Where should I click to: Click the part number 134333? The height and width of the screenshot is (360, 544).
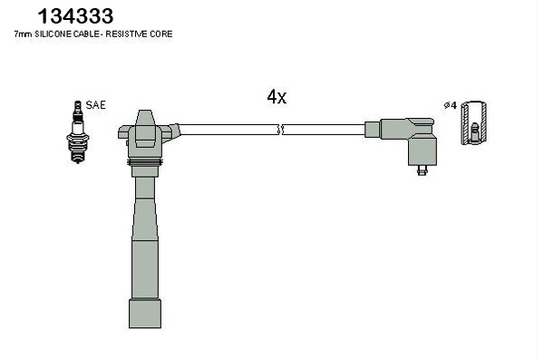[75, 16]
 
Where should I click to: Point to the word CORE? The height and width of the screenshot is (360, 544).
[161, 34]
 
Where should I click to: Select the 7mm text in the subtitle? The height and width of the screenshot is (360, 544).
[23, 34]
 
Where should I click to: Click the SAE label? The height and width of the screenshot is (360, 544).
[95, 105]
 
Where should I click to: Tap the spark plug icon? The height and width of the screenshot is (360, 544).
[78, 131]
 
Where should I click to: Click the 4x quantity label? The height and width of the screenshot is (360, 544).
[277, 97]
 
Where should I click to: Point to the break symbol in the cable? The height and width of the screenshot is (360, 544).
[281, 130]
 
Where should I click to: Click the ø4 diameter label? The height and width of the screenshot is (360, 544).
[451, 105]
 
